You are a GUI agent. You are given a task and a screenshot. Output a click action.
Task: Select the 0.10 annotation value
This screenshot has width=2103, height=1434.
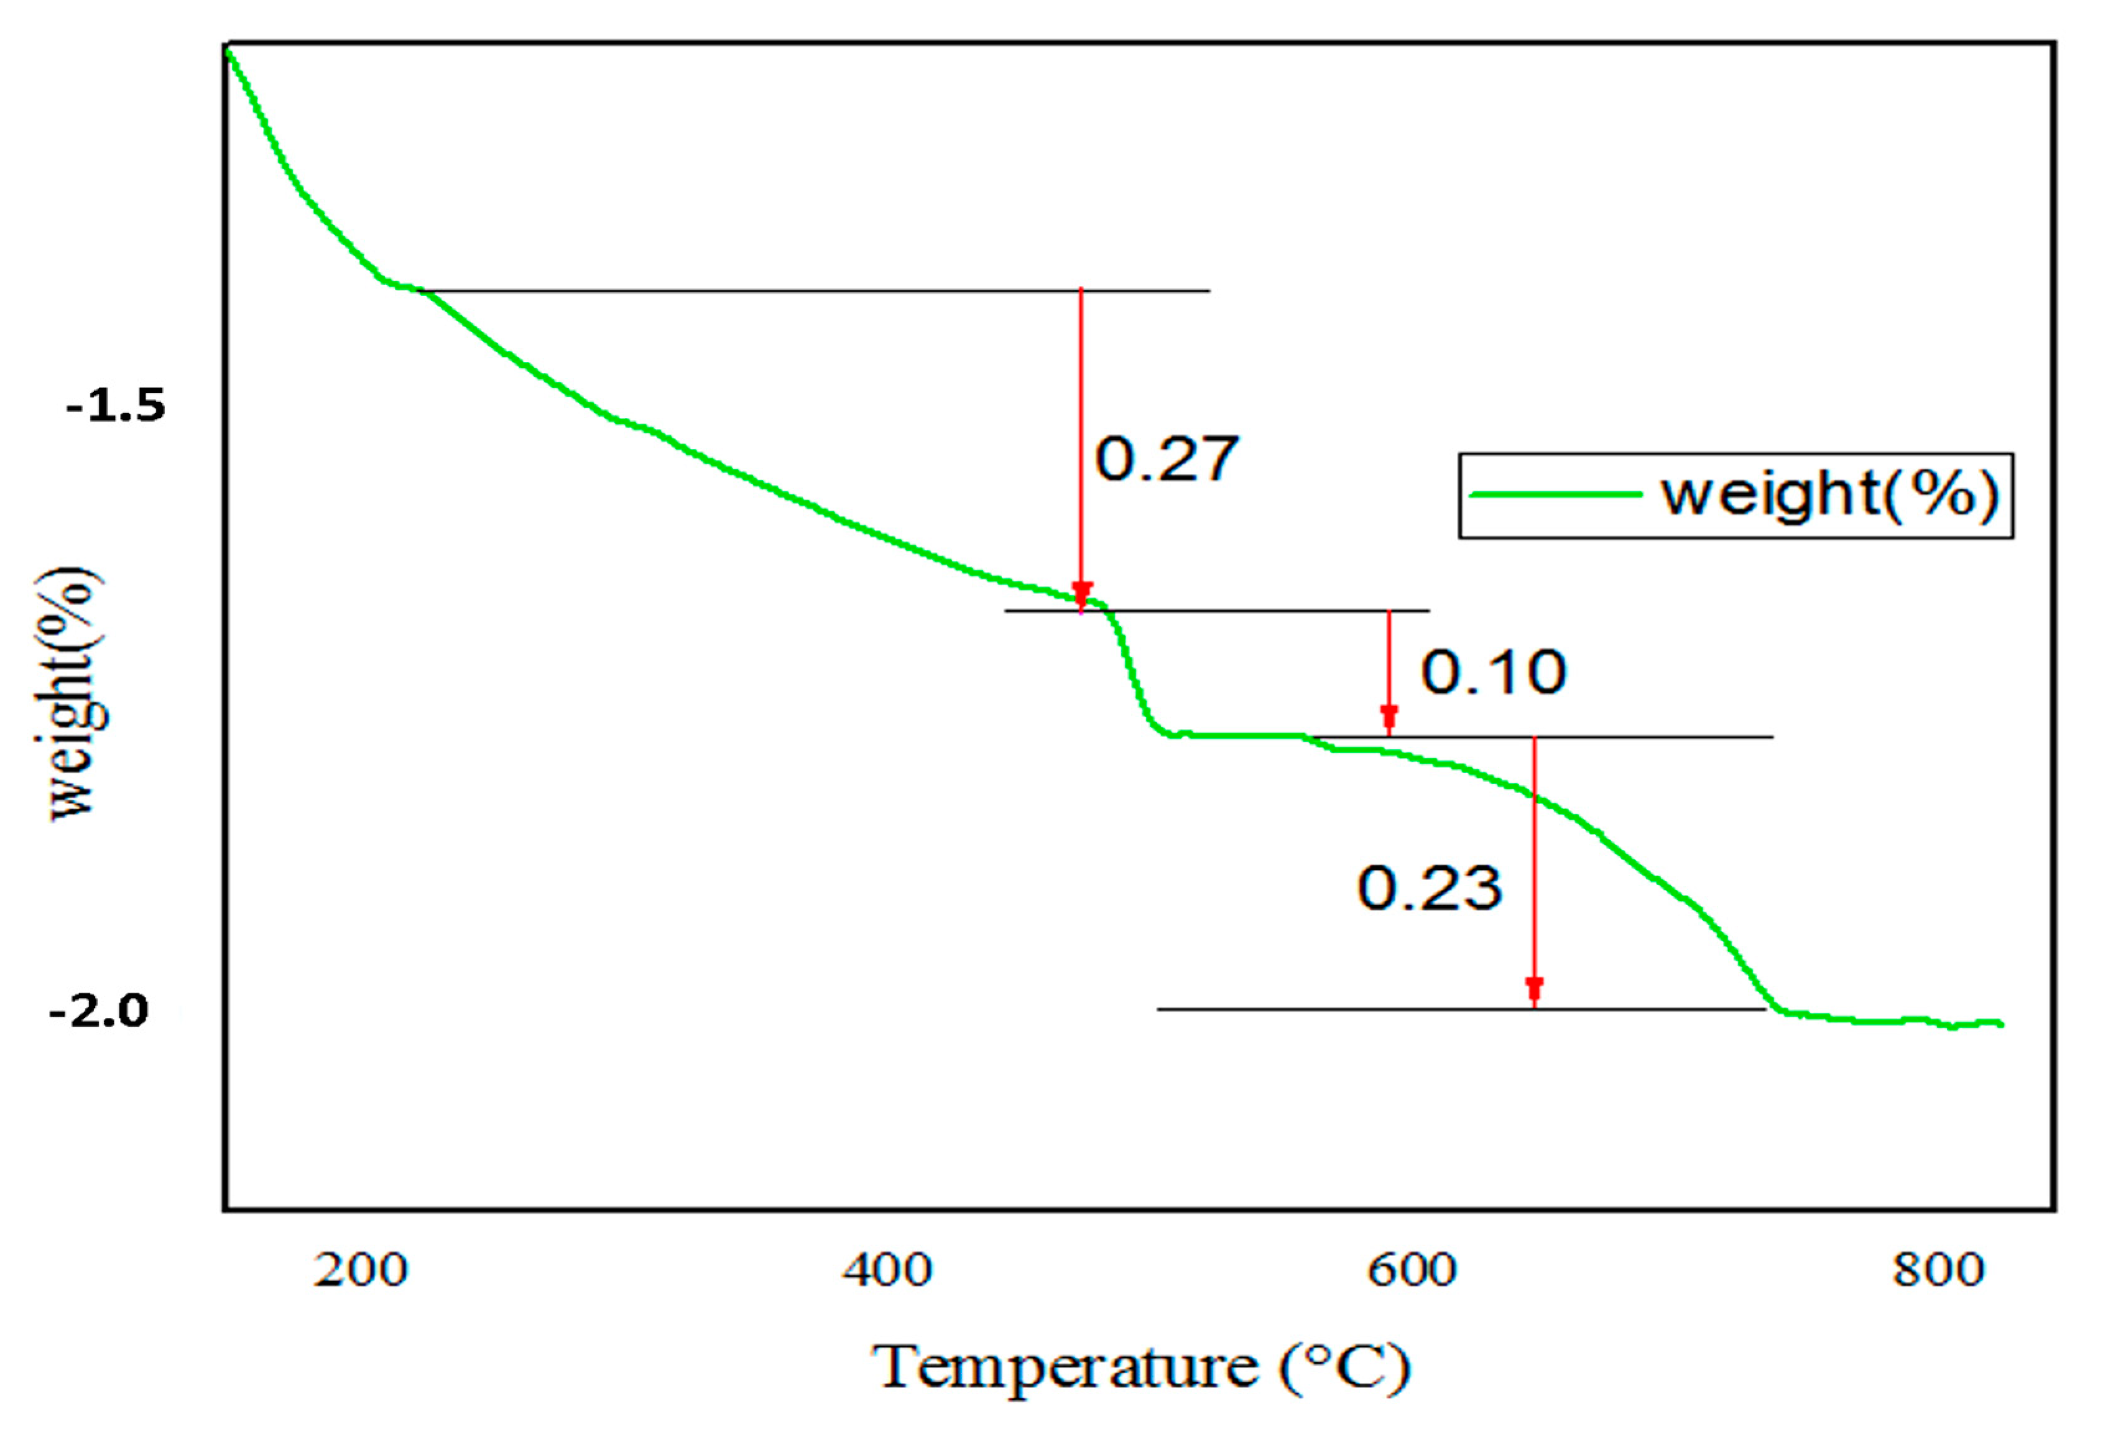click(x=1493, y=672)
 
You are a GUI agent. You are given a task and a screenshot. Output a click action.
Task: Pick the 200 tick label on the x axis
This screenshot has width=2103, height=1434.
click(x=360, y=1270)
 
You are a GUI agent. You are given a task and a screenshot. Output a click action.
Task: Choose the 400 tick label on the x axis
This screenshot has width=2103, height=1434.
click(x=886, y=1270)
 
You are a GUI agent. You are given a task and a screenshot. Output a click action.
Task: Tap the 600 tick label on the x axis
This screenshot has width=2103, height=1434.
click(x=1412, y=1270)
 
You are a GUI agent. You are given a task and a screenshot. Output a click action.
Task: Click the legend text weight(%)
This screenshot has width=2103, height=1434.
click(x=1829, y=495)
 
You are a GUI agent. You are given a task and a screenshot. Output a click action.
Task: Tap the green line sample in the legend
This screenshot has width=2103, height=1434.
click(x=1556, y=495)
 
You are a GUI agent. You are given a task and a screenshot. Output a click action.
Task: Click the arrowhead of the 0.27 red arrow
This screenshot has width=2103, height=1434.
click(x=1081, y=593)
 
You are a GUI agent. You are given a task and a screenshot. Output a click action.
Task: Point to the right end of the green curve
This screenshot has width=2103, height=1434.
click(x=2002, y=1025)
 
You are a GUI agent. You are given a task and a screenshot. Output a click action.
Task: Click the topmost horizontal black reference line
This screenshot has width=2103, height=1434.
click(x=815, y=291)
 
